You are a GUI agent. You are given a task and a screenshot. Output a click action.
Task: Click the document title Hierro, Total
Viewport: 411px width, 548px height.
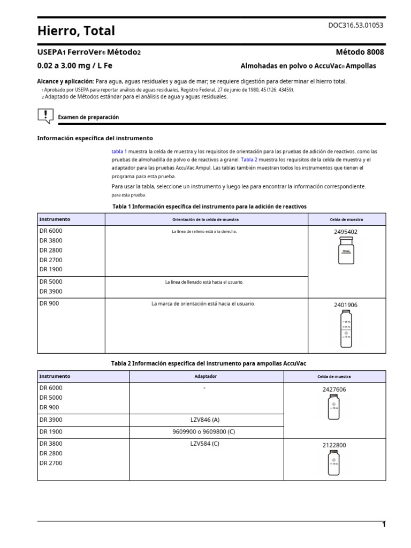[76, 32]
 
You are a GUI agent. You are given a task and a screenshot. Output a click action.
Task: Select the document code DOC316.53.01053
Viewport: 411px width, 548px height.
[355, 25]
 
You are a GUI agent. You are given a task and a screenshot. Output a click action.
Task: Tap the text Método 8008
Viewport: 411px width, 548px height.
[359, 52]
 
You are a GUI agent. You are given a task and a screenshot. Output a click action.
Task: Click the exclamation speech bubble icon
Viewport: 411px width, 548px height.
[45, 116]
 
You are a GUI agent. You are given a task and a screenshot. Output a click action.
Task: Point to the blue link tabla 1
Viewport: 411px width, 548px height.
[119, 151]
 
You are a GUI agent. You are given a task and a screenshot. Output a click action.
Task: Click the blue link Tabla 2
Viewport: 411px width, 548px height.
[249, 159]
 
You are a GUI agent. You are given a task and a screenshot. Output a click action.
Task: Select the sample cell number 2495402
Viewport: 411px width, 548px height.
[346, 232]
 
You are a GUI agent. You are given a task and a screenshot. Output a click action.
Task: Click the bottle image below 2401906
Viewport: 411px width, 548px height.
[346, 328]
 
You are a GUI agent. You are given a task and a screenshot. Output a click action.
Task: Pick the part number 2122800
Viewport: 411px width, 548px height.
[334, 445]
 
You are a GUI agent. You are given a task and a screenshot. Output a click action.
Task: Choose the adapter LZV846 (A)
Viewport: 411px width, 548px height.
[205, 420]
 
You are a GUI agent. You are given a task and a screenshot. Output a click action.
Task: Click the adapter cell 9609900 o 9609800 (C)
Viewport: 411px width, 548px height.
[205, 431]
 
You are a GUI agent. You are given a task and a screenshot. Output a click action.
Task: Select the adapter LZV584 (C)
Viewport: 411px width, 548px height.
[205, 443]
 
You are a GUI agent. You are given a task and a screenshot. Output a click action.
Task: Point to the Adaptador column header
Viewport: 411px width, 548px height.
[205, 376]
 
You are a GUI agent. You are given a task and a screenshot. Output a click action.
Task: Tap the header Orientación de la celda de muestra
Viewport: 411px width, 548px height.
[205, 219]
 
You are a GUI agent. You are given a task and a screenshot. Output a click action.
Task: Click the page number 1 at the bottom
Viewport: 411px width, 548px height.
[384, 524]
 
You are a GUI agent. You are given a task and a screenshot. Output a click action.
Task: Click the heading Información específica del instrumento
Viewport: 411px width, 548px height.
[95, 138]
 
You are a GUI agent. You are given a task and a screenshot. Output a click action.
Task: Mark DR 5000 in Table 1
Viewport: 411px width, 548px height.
[51, 281]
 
